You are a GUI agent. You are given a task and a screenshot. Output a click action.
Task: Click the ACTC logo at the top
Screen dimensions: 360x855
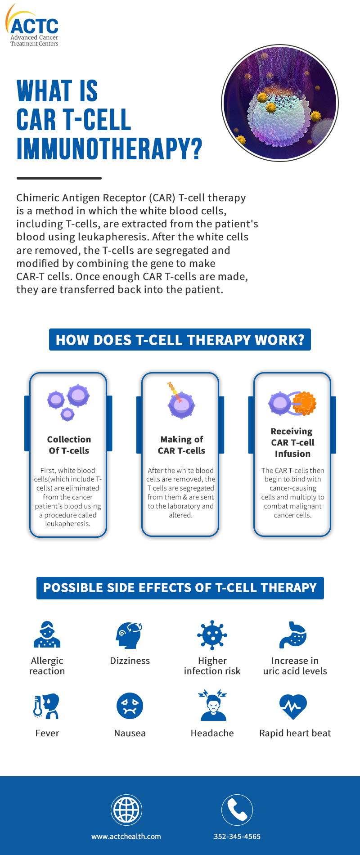(x=32, y=25)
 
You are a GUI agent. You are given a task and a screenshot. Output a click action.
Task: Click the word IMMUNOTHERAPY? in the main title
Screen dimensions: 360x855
(x=109, y=149)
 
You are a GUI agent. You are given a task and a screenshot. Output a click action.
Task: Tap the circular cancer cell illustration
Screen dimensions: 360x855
(x=280, y=103)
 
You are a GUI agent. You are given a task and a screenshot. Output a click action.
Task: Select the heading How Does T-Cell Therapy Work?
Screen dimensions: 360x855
(x=180, y=340)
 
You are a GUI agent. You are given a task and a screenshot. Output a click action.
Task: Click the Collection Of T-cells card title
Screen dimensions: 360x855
(x=69, y=445)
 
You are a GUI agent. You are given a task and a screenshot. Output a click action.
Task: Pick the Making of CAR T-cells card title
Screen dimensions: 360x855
(x=181, y=445)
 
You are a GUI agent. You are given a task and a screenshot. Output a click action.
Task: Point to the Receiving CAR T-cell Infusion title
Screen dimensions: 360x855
(x=292, y=442)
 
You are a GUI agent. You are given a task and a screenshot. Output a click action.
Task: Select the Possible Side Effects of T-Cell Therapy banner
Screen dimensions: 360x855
(x=180, y=588)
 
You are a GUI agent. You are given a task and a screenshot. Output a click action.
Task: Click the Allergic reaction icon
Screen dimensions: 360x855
(x=47, y=634)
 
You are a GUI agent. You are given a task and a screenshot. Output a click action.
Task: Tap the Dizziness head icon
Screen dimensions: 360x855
(x=130, y=635)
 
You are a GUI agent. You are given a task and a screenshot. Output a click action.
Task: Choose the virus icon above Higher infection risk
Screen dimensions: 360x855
(x=212, y=635)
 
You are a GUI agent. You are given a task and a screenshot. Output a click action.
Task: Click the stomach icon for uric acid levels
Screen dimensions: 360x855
(x=293, y=635)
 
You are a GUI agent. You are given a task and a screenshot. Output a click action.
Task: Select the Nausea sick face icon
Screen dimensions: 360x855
(x=130, y=706)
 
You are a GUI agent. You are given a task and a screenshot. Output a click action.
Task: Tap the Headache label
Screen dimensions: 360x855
(x=212, y=733)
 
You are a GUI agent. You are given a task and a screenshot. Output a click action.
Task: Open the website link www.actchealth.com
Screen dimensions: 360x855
(x=126, y=837)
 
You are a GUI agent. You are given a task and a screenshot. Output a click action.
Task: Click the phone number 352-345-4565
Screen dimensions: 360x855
(x=237, y=837)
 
